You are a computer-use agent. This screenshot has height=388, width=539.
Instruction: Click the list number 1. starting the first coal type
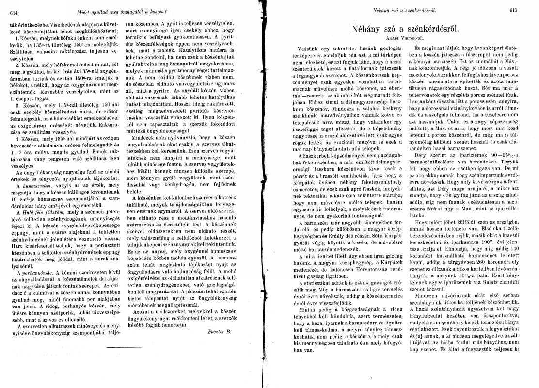tap(17, 37)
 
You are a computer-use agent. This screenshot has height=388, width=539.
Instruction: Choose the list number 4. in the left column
tap(17, 138)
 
